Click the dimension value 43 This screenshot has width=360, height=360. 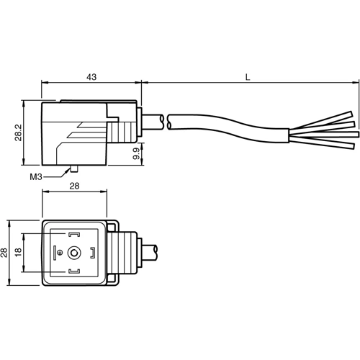92,75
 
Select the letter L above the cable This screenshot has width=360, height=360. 248,75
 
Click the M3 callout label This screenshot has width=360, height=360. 36,176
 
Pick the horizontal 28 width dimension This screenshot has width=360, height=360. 76,186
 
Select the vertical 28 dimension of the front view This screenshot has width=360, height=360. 5,252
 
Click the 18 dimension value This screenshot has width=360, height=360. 17,252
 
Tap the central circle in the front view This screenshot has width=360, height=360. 74,253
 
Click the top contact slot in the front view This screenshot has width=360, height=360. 74,234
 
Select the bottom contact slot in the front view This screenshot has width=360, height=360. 74,271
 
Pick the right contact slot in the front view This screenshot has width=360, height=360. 93,253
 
